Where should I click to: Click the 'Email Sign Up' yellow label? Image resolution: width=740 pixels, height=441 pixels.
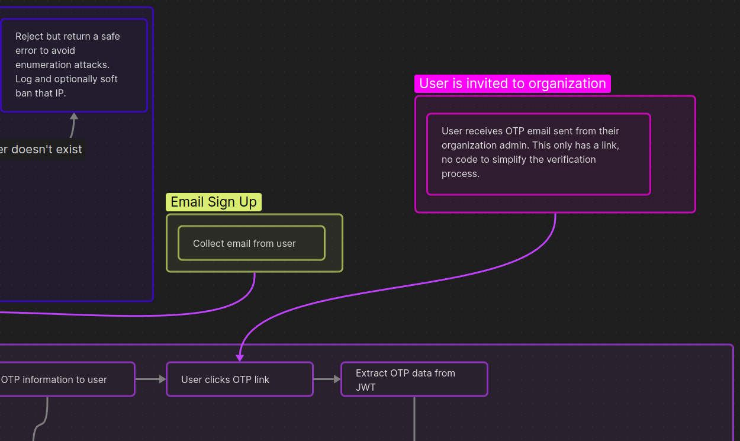pos(213,202)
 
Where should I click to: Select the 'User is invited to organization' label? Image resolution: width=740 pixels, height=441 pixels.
pos(513,83)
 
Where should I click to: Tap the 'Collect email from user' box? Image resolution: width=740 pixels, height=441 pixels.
pos(252,243)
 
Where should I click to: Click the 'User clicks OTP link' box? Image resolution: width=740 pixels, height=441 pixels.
pos(240,379)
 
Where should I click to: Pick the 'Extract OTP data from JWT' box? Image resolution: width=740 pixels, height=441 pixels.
pos(414,379)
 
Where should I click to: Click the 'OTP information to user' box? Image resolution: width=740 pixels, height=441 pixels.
pos(67,379)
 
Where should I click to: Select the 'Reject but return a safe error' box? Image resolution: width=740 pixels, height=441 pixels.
pos(74,65)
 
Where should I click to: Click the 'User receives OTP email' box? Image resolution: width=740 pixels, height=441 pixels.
pos(539,154)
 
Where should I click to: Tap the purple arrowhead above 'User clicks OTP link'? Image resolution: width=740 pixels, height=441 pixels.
pos(240,358)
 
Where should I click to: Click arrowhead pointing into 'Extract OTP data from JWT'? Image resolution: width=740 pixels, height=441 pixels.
pos(337,379)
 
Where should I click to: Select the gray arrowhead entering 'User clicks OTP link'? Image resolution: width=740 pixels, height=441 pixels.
pos(163,379)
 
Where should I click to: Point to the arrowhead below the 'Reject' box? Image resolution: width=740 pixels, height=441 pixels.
pos(74,116)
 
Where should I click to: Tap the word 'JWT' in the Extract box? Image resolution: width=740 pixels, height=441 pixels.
pos(366,387)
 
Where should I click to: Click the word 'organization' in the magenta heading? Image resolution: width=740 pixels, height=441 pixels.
pos(567,83)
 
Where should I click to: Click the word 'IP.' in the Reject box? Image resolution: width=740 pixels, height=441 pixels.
pos(60,93)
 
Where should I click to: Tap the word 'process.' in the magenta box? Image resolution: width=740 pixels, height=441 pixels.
pos(461,174)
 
